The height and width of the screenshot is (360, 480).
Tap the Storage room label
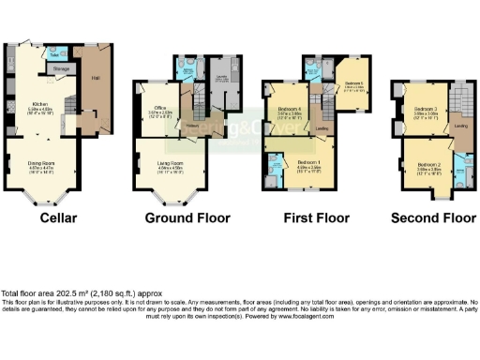point(61,68)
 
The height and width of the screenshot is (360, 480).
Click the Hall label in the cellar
point(95,79)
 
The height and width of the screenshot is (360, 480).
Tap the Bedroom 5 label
point(353,83)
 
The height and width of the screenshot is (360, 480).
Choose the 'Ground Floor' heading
point(187,218)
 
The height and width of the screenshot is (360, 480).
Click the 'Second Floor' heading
point(433,218)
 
